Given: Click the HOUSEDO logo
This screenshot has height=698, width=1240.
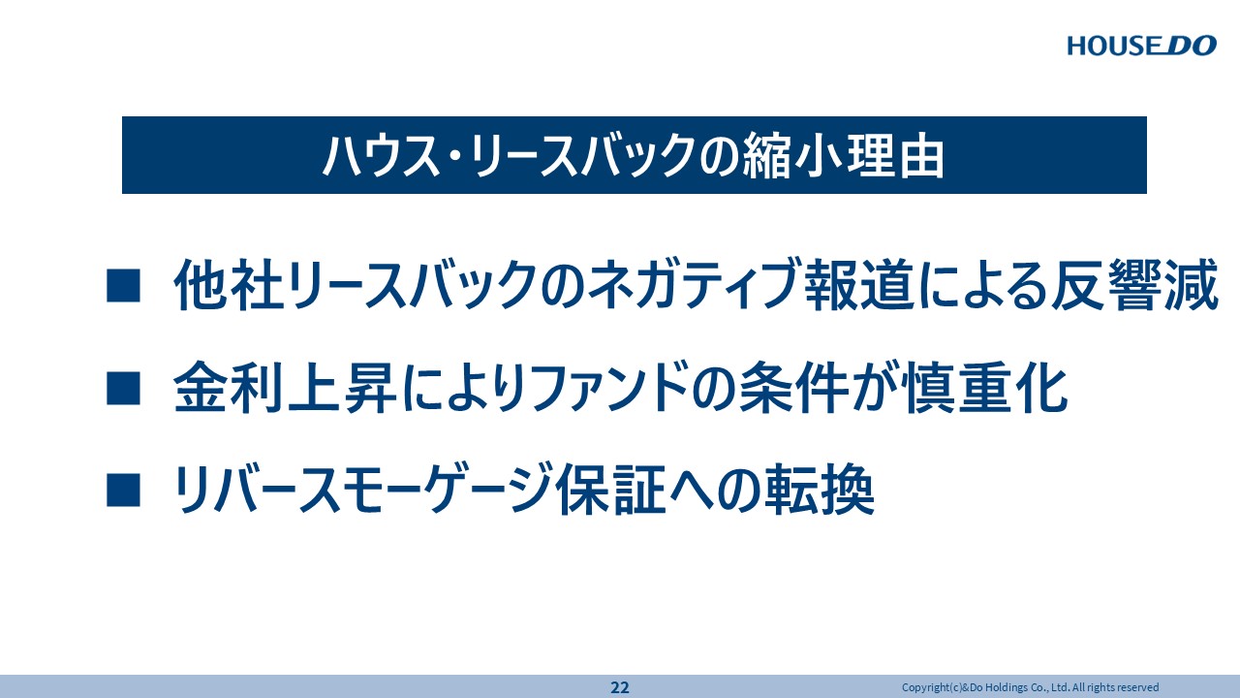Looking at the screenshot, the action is click(x=1141, y=46).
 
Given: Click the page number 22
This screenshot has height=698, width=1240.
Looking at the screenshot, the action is click(x=619, y=687).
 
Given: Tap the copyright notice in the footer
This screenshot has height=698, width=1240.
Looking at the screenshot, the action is click(x=1030, y=687).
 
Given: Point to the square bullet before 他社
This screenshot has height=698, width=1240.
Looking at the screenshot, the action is click(x=123, y=285).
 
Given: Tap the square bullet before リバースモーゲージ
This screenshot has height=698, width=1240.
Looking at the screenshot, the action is click(x=123, y=491).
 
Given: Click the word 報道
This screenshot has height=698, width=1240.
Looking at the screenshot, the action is click(x=858, y=285).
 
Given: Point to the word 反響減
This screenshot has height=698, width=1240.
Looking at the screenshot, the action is click(x=1134, y=285).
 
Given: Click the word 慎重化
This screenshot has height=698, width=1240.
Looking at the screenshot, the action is click(x=985, y=388).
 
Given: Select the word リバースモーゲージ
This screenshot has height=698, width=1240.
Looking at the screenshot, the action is click(x=362, y=491).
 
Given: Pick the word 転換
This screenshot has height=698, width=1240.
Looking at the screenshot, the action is click(x=821, y=491).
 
